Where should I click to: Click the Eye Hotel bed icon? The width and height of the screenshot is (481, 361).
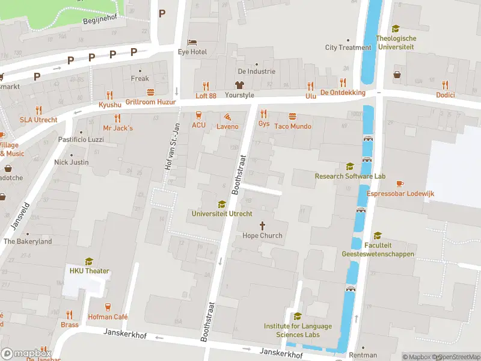pyautogui.click(x=192, y=42)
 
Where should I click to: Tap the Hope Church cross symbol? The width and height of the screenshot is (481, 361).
pyautogui.click(x=262, y=225)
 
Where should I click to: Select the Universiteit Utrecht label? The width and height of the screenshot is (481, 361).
pyautogui.click(x=222, y=214)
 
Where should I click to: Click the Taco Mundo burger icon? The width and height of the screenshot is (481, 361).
pyautogui.click(x=293, y=116)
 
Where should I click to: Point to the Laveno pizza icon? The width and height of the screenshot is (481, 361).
pyautogui.click(x=227, y=117)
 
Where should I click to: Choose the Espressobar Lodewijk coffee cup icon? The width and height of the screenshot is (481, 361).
pyautogui.click(x=400, y=184)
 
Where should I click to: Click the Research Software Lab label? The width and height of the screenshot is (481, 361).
pyautogui.click(x=350, y=176)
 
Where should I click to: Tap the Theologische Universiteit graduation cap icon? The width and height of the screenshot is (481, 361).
pyautogui.click(x=396, y=28)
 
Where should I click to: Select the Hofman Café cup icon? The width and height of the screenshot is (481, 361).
pyautogui.click(x=108, y=307)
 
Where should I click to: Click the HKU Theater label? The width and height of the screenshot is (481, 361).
pyautogui.click(x=89, y=271)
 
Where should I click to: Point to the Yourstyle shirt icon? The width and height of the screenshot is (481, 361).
pyautogui.click(x=239, y=85)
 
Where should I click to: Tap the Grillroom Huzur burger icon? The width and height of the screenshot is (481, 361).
pyautogui.click(x=150, y=92)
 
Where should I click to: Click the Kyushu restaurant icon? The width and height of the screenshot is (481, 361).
pyautogui.click(x=109, y=94)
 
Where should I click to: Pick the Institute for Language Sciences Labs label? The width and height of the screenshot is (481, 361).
pyautogui.click(x=298, y=330)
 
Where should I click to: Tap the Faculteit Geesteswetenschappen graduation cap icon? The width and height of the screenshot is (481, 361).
pyautogui.click(x=378, y=235)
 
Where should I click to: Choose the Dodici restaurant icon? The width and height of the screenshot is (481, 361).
pyautogui.click(x=445, y=85)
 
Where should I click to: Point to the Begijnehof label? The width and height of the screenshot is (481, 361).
pyautogui.click(x=99, y=17)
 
